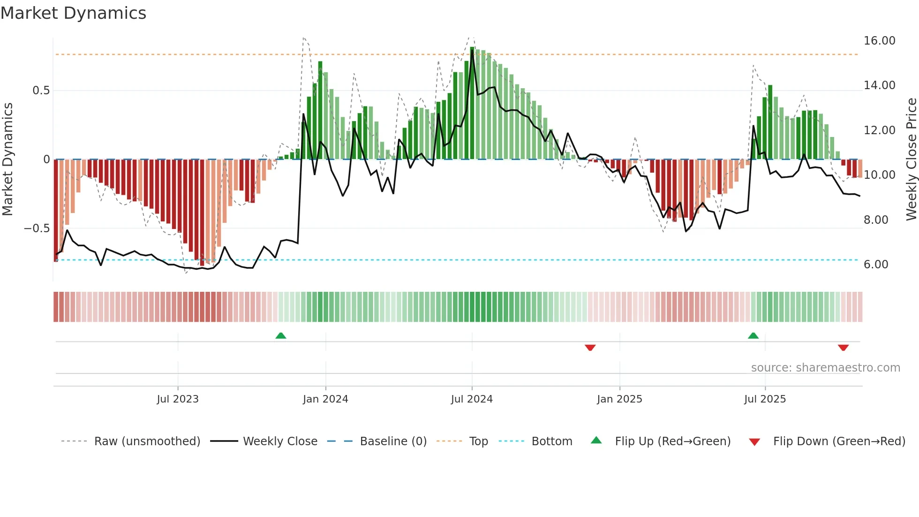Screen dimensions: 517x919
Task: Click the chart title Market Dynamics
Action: tap(74, 13)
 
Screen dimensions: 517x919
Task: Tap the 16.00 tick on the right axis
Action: tap(879, 41)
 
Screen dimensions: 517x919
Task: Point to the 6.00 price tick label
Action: tap(876, 265)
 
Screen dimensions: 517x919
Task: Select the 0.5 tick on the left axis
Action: tap(41, 91)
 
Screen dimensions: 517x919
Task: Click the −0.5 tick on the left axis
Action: tap(37, 228)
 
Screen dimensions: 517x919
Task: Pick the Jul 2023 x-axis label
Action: tap(178, 399)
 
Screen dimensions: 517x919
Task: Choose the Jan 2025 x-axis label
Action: tap(619, 399)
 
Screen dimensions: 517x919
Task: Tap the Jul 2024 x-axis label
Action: tap(472, 399)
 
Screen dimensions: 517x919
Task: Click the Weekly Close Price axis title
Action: tap(911, 160)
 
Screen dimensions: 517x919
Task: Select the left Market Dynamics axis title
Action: tap(8, 160)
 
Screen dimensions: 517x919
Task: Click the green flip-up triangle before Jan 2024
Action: tap(281, 335)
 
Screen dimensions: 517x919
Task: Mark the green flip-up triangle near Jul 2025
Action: tap(753, 335)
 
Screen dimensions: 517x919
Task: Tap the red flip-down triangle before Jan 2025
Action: tap(590, 348)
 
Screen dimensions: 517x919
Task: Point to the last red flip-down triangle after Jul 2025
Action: tap(843, 348)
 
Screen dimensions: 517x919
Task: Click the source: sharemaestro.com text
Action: tap(825, 368)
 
